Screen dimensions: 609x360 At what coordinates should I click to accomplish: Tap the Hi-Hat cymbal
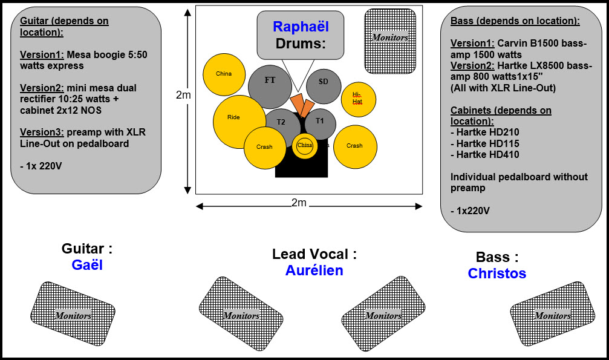point(358,99)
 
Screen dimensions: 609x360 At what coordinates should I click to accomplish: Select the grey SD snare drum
point(324,87)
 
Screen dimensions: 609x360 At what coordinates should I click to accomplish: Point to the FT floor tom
point(270,87)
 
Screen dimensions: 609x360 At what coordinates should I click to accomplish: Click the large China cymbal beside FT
point(224,74)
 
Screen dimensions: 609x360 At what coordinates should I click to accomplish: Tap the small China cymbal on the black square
point(305,146)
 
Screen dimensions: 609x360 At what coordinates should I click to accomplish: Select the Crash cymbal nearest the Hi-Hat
point(355,146)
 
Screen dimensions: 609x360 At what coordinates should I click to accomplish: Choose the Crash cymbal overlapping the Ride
point(265,148)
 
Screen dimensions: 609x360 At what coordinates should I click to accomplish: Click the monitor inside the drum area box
point(390,41)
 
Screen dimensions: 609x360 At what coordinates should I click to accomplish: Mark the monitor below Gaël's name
point(73,313)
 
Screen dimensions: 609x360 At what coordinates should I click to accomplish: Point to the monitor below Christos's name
point(552,313)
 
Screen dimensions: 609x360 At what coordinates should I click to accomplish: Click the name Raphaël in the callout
point(301,27)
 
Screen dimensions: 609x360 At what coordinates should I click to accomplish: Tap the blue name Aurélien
point(314,270)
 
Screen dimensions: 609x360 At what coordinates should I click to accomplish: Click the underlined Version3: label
point(42,132)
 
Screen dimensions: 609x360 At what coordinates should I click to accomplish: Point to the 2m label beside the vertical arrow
point(183,95)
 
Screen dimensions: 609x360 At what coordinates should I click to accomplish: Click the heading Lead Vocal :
point(314,254)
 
